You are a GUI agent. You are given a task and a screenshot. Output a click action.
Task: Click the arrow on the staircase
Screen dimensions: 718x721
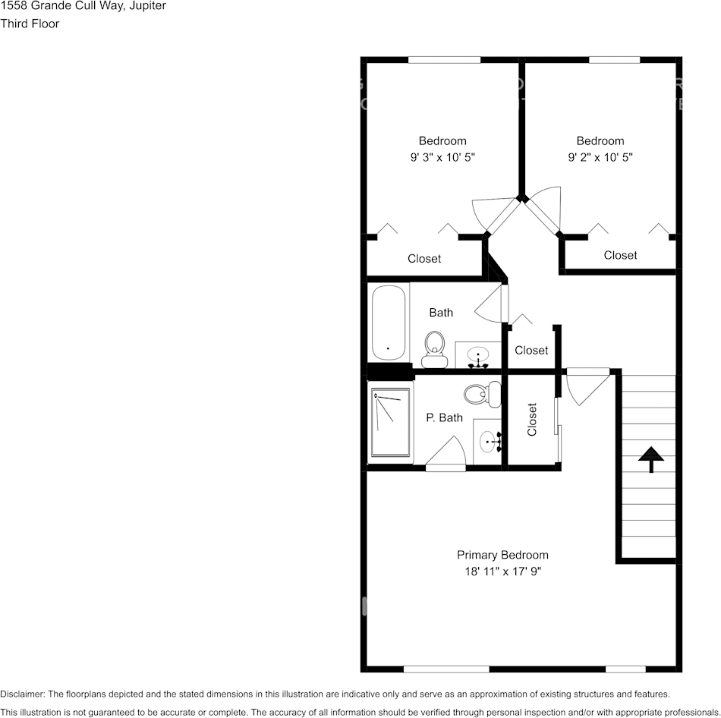coord(650,459)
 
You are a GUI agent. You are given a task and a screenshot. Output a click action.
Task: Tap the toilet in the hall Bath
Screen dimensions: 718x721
coord(434,344)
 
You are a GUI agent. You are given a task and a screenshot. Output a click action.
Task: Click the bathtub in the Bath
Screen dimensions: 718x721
coord(389,323)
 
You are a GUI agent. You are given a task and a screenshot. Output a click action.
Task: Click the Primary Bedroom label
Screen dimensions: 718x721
coord(502,555)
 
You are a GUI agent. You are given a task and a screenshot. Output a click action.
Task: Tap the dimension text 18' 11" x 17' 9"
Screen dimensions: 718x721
coord(502,571)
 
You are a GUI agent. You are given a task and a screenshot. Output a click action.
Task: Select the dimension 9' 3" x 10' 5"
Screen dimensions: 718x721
coord(442,157)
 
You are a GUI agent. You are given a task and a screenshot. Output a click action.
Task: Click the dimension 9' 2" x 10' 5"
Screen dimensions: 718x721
coord(600,157)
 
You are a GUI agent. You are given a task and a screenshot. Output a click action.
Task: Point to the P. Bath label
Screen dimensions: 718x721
coord(444,417)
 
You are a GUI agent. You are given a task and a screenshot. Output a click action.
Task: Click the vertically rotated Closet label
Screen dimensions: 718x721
coord(532,420)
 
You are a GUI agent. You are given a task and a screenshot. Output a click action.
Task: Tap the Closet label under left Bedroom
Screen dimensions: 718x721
coord(424,259)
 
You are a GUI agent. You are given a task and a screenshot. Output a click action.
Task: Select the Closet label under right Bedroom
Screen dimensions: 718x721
coord(620,255)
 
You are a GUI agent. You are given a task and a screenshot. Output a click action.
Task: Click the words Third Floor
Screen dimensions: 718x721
coord(30,24)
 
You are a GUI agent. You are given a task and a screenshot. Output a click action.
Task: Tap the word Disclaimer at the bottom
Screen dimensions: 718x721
coord(22,694)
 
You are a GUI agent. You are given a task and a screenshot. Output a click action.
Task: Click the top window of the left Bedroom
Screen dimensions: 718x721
coord(444,59)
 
